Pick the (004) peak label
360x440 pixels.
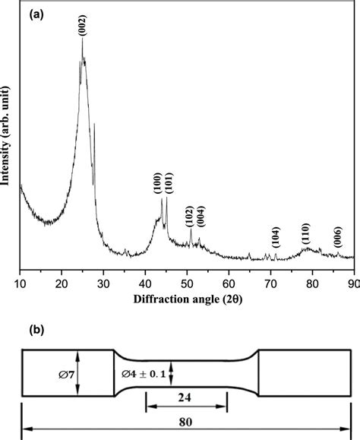200,217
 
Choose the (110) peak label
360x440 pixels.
305,233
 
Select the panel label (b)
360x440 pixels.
33,332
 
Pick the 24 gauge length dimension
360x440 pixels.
186,397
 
